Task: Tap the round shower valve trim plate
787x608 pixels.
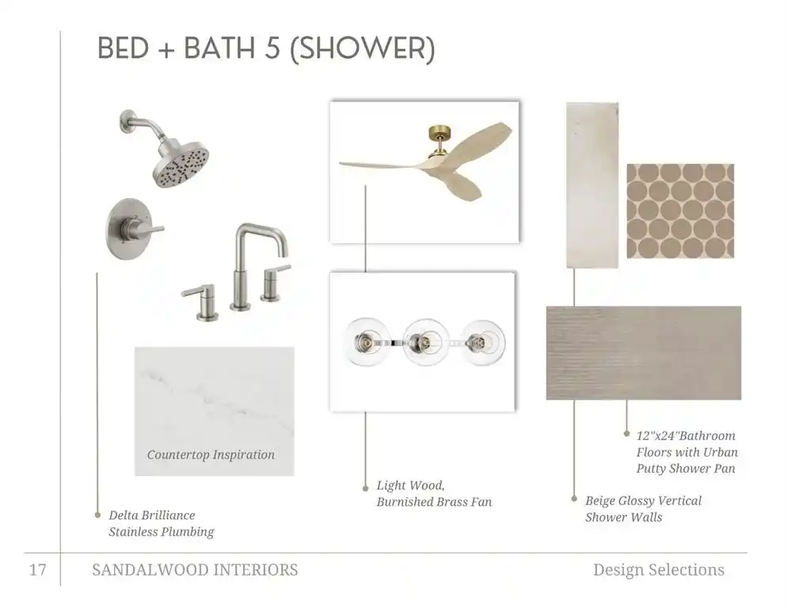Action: [129, 230]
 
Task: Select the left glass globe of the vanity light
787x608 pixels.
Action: [367, 342]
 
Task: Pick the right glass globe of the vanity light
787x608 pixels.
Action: [483, 343]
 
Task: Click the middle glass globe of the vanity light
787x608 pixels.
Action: [426, 343]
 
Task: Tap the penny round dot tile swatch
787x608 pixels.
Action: [680, 211]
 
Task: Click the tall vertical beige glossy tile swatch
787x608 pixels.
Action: [592, 185]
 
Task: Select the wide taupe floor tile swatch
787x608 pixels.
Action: [644, 353]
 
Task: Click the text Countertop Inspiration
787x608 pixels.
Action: [211, 455]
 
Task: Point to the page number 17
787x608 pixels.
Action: [38, 570]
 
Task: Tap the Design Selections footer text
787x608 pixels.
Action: [659, 570]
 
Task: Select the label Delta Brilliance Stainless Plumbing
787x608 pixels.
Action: [161, 523]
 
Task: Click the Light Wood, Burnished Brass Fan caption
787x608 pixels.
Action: [434, 493]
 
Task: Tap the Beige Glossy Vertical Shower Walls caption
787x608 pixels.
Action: [643, 508]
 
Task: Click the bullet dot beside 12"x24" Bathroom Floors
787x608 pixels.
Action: [626, 433]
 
